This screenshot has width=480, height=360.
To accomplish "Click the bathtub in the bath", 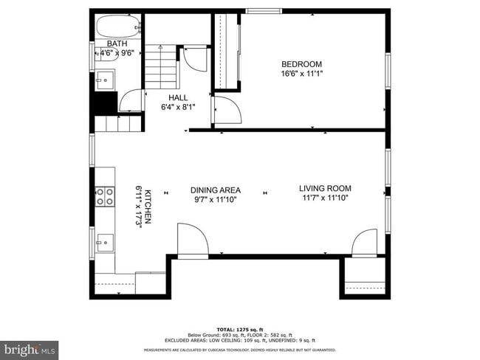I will coord(117,27).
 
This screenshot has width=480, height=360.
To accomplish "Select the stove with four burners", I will coord(105,195).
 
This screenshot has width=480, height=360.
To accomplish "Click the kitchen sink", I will coord(104,241).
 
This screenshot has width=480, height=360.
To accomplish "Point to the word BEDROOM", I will coord(301,63).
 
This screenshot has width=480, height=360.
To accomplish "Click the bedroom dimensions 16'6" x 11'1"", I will coord(301,73).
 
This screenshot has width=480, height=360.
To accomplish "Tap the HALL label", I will coord(177,97).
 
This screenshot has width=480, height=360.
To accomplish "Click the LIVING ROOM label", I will coord(325,188).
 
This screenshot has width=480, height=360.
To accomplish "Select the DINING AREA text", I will coord(216,190).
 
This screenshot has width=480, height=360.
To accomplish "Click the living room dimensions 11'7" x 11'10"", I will coord(325,198).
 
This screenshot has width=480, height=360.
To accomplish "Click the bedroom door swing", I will coord(227,111).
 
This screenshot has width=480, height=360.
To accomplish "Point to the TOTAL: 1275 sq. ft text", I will coord(240,328).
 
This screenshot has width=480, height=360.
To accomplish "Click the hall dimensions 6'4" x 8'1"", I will coord(177,107).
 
